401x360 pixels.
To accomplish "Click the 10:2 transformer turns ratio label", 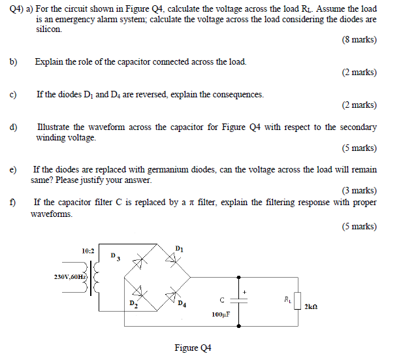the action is (88, 251).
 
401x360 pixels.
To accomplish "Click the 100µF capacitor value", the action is (221, 314).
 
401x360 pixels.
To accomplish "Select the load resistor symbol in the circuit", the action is (297, 301).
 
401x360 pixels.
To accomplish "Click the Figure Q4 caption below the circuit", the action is (193, 348).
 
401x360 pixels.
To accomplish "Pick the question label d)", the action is (13, 127).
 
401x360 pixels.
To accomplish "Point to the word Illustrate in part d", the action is (57, 127).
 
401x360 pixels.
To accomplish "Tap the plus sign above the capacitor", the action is (246, 291).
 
